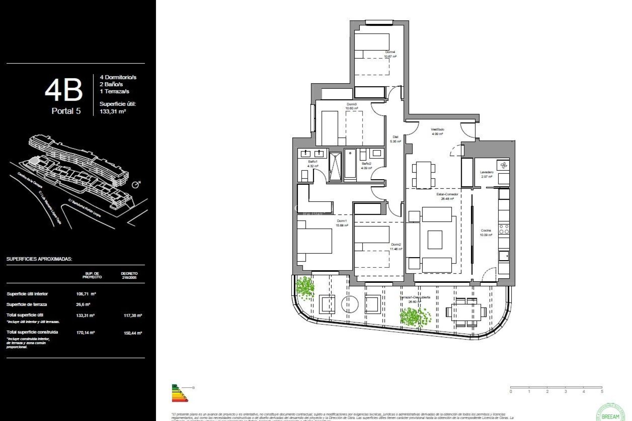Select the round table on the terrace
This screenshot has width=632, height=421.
pyautogui.click(x=350, y=304)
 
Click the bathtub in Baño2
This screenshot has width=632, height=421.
pyautogui.click(x=350, y=165)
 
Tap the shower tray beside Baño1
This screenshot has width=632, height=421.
pyautogui.click(x=335, y=166)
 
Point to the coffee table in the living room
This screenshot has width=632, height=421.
pyautogui.click(x=435, y=240)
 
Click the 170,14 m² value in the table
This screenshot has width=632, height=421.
pyautogui.click(x=86, y=333)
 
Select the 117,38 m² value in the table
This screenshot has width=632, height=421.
pyautogui.click(x=133, y=315)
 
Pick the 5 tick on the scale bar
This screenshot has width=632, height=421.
pyautogui.click(x=602, y=391)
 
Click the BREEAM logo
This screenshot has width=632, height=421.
pyautogui.click(x=610, y=413)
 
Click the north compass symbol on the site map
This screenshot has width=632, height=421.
pyautogui.click(x=135, y=185)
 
